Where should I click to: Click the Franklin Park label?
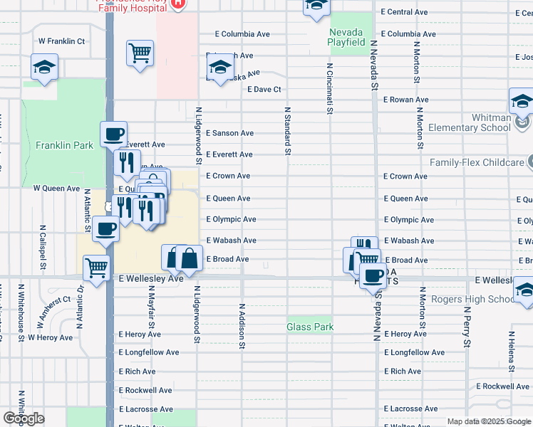(x=64, y=145)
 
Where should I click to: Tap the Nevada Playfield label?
(x=346, y=37)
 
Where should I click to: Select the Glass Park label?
(x=309, y=327)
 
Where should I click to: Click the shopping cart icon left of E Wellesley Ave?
(x=96, y=268)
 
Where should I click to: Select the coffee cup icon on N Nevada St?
(x=372, y=275)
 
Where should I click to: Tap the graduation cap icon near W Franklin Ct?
(x=44, y=68)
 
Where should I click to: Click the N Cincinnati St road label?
(x=330, y=88)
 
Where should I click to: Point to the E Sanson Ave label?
(x=229, y=133)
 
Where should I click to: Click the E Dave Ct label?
(x=265, y=90)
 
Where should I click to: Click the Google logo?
(x=24, y=418)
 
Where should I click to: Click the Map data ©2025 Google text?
(x=488, y=421)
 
